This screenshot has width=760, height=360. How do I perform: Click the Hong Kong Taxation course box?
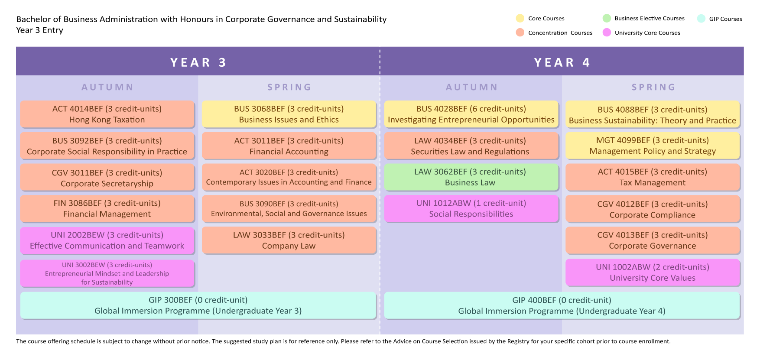107,114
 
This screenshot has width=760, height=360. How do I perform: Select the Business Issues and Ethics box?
289,114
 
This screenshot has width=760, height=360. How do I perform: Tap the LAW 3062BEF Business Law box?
471,177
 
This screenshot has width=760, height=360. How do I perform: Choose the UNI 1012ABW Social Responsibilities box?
471,208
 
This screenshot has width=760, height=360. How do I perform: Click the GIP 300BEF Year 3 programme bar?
198,305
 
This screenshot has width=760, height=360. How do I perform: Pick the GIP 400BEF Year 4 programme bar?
562,305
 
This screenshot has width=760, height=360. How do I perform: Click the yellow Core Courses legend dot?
520,18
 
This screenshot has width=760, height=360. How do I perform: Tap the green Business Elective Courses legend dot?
607,18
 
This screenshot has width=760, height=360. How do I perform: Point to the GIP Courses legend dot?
701,19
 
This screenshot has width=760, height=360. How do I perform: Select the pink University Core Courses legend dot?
607,32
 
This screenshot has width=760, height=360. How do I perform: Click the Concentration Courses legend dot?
520,32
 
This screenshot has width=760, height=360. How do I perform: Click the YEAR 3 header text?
198,62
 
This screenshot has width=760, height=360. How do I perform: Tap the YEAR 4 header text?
562,62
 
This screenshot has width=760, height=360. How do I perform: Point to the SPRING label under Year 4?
653,87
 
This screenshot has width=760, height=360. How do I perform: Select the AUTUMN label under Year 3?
107,87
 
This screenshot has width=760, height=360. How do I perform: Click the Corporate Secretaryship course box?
107,178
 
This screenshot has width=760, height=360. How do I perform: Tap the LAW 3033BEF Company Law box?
289,240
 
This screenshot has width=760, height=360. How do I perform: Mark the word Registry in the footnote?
518,341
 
